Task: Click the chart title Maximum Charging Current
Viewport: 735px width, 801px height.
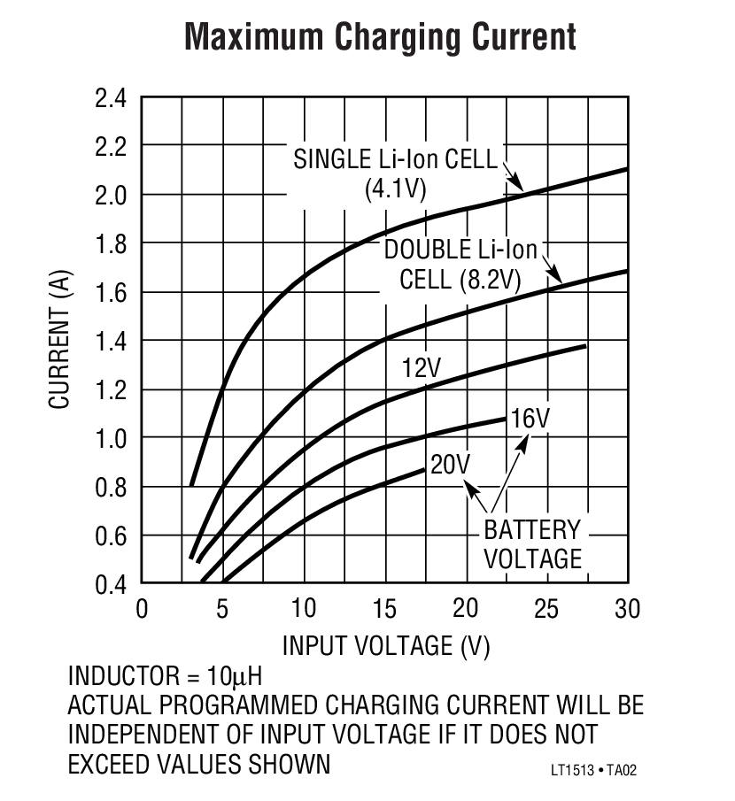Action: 381,37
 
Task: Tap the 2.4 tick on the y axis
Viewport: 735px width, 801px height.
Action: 112,97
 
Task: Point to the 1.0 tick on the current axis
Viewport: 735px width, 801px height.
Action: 112,438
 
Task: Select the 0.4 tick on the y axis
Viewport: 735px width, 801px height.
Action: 112,584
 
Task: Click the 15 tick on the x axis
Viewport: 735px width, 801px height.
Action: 385,609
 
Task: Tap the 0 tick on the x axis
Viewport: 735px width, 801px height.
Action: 142,609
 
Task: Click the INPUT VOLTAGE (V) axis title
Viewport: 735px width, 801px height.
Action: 385,646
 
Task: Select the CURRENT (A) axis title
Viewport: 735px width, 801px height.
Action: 59,341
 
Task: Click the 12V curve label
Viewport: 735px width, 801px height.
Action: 421,367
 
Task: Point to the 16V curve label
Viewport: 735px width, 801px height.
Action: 530,417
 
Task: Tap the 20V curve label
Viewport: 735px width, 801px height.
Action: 450,464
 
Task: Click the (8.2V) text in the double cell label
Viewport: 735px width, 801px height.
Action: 490,281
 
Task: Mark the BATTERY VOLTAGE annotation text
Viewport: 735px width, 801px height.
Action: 531,544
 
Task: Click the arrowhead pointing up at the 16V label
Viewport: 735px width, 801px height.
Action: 523,440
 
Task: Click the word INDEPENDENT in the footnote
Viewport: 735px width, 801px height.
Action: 149,735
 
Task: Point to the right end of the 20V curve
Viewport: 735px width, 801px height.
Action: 423,468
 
